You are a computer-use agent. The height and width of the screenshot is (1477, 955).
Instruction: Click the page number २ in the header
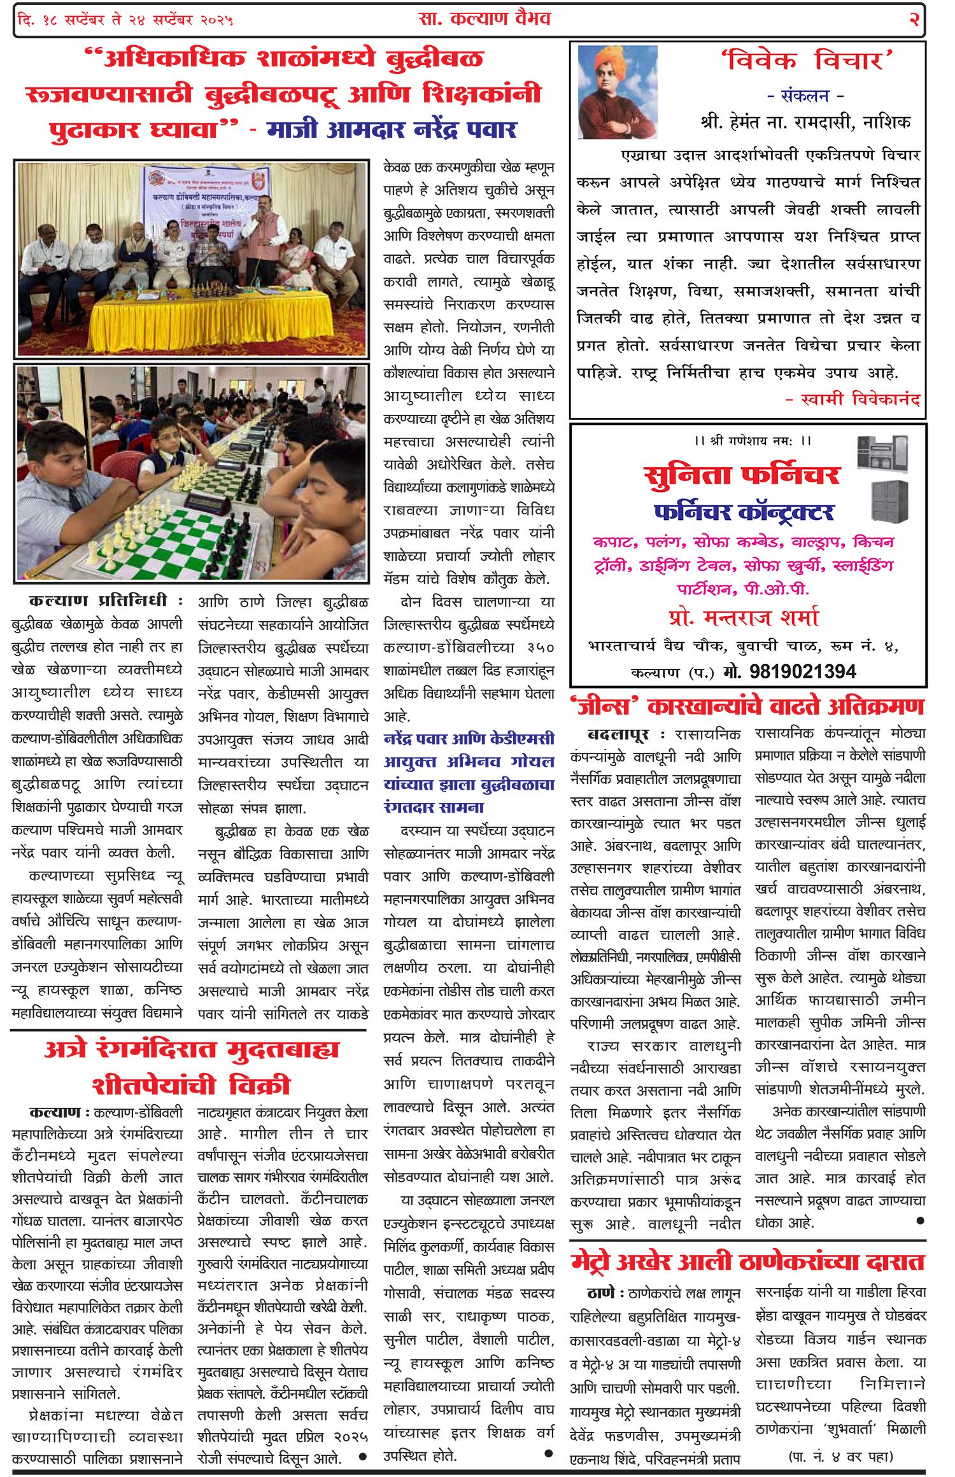coord(914,20)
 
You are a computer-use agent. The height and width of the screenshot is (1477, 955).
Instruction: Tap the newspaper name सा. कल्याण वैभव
coord(485,19)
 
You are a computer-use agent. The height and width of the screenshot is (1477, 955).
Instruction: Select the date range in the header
coord(126,20)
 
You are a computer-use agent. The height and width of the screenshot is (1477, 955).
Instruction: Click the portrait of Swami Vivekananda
coord(616,92)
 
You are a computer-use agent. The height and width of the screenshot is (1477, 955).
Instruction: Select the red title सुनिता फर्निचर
coord(742,475)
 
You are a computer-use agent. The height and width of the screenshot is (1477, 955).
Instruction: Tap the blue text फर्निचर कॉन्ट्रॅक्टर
coord(743,512)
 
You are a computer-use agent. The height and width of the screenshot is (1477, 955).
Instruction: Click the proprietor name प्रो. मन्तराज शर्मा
coord(743,617)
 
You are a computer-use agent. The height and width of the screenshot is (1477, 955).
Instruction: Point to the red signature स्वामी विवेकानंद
coord(852,400)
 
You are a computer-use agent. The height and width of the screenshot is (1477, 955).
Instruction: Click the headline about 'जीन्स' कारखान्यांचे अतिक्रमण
coord(747,706)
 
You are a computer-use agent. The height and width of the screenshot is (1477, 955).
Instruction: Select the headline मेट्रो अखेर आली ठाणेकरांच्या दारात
coord(747,1262)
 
